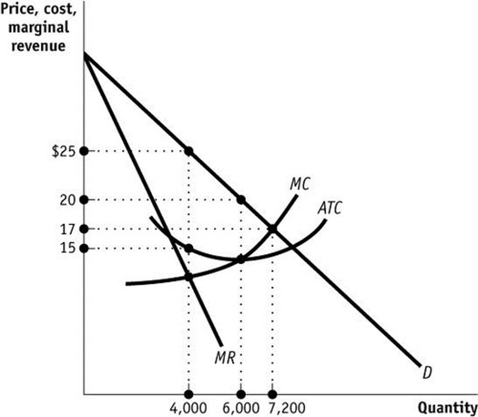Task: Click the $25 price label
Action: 64,152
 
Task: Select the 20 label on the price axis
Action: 67,200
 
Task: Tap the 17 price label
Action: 67,229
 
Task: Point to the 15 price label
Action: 67,248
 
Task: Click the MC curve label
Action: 299,184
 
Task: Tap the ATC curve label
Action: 330,208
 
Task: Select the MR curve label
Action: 225,358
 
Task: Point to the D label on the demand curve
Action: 427,373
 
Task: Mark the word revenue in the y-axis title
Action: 38,46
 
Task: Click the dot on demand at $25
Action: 189,151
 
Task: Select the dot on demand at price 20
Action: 241,200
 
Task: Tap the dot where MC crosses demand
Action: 272,229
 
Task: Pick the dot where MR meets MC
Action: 189,277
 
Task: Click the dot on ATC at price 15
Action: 189,248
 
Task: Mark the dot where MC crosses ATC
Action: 241,259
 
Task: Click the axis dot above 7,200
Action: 273,394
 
